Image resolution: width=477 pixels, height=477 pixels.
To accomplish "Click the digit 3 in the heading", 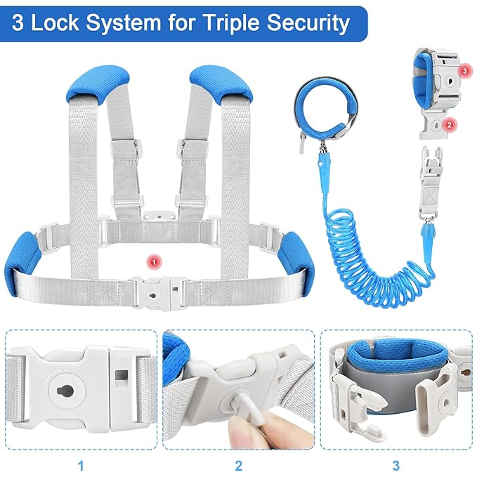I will [22, 23].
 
